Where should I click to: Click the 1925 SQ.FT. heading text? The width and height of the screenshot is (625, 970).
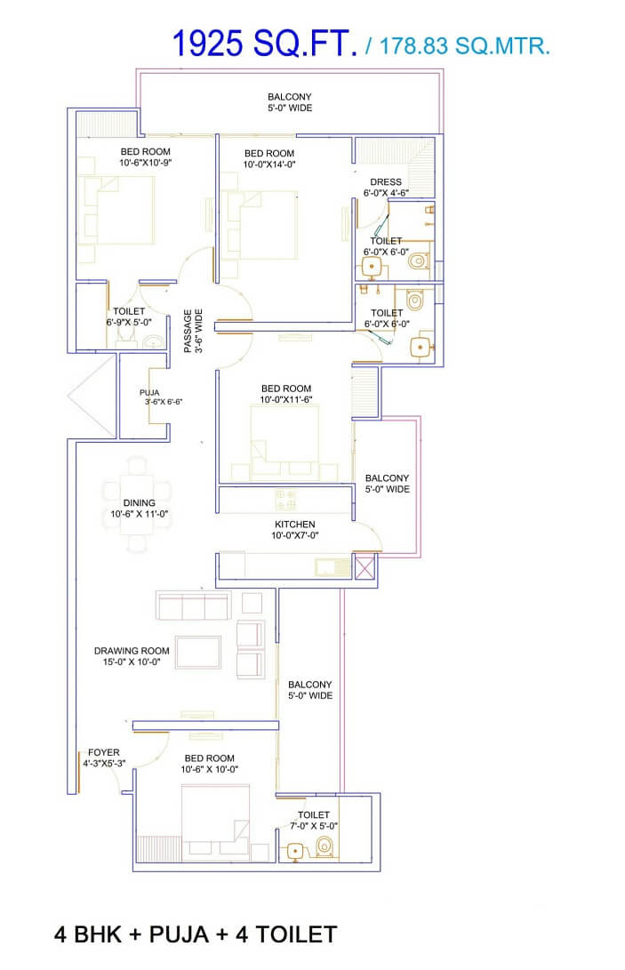click(x=265, y=44)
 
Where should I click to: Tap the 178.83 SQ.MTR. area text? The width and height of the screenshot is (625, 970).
click(x=465, y=46)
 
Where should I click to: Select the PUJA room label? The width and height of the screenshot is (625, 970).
click(x=148, y=391)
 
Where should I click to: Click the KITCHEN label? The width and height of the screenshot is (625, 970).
click(x=295, y=525)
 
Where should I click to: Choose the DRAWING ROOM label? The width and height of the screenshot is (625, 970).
click(x=132, y=651)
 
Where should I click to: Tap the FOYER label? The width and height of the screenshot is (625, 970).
click(x=104, y=752)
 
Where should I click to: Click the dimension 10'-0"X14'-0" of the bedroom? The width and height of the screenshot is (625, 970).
click(x=269, y=164)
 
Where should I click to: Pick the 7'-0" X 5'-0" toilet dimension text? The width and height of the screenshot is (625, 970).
click(x=314, y=826)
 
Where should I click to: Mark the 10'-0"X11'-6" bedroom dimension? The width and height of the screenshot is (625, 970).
click(x=286, y=400)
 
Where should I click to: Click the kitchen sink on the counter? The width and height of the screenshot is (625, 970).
click(x=325, y=565)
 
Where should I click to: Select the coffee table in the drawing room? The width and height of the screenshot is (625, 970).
click(x=199, y=650)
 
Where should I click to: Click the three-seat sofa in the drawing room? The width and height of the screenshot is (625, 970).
click(x=193, y=606)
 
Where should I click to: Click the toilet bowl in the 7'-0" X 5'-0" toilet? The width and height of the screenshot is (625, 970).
click(x=325, y=846)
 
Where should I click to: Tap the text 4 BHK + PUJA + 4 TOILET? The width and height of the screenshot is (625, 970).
click(x=196, y=934)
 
